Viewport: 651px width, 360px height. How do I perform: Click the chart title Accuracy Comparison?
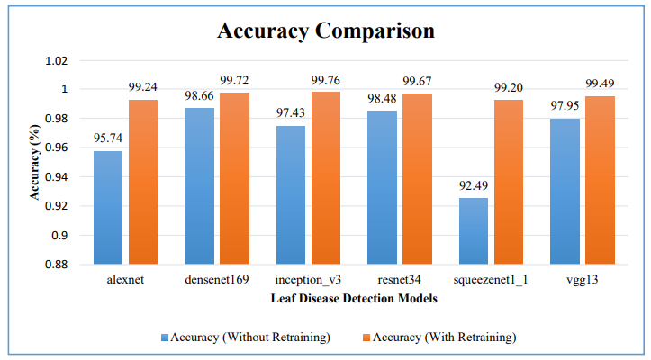click(x=326, y=31)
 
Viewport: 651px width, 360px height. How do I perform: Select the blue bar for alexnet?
click(x=107, y=207)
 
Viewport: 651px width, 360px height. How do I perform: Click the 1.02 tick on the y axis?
click(x=56, y=60)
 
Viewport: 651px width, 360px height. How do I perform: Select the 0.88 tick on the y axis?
click(x=56, y=265)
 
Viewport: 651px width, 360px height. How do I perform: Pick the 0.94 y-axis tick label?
click(x=56, y=177)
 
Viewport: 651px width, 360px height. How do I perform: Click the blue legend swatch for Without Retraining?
click(x=167, y=337)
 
